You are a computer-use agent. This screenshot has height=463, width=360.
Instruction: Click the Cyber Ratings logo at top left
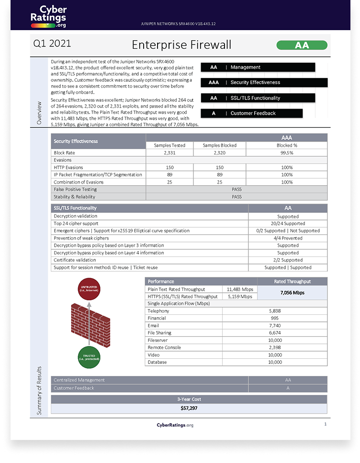(x=47, y=16)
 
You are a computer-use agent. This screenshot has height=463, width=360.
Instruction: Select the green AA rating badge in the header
(x=302, y=45)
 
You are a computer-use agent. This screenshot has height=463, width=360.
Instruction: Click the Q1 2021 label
(x=52, y=44)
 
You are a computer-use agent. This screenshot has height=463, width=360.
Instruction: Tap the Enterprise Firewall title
(x=181, y=45)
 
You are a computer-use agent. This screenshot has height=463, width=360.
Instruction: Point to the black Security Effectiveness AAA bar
(x=264, y=82)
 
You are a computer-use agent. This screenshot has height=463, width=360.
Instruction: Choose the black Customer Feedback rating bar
(x=251, y=113)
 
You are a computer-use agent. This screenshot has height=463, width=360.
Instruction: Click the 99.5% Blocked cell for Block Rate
(x=287, y=153)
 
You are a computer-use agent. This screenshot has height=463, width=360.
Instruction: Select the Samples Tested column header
(x=169, y=145)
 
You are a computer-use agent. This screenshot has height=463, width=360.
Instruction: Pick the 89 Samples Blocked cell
(x=220, y=175)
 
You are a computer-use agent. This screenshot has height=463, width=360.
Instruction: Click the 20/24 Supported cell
(x=288, y=223)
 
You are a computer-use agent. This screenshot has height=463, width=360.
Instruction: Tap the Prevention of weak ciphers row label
(x=81, y=238)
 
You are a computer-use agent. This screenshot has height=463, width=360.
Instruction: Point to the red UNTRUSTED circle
(x=90, y=288)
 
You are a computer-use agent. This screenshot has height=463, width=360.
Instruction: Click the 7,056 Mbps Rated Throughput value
(x=292, y=293)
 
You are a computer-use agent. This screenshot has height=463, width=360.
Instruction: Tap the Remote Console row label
(x=164, y=347)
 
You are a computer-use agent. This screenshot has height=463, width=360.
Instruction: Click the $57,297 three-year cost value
(x=189, y=408)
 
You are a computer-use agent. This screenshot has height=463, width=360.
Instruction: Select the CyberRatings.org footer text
(x=175, y=425)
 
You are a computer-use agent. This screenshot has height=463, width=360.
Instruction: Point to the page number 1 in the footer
(x=325, y=424)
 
